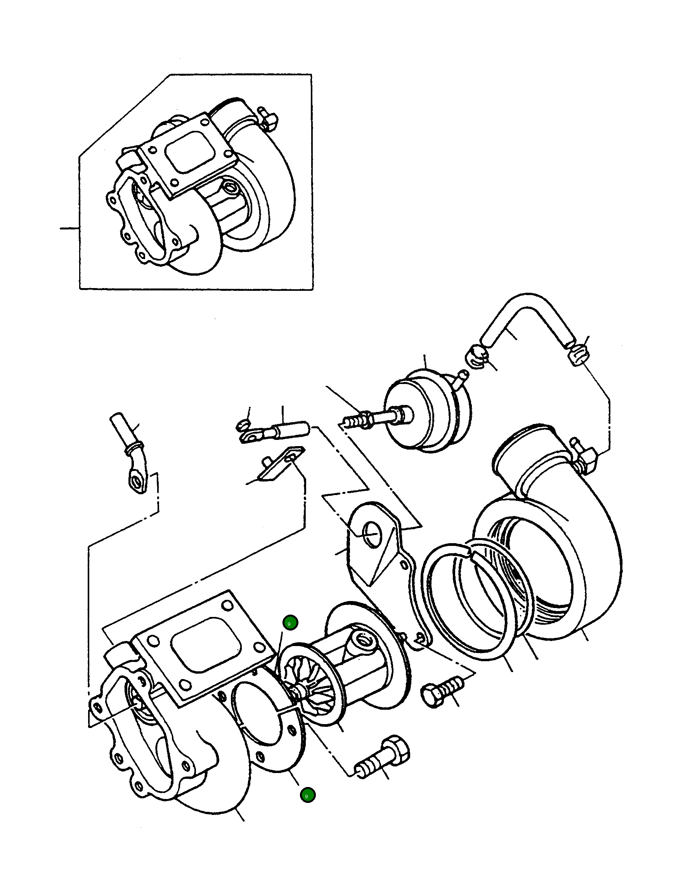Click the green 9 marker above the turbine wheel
pyautogui.click(x=290, y=623)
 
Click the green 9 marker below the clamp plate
pyautogui.click(x=307, y=795)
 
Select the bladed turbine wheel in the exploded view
pyautogui.click(x=310, y=681)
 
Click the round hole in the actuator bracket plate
pyautogui.click(x=372, y=535)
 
